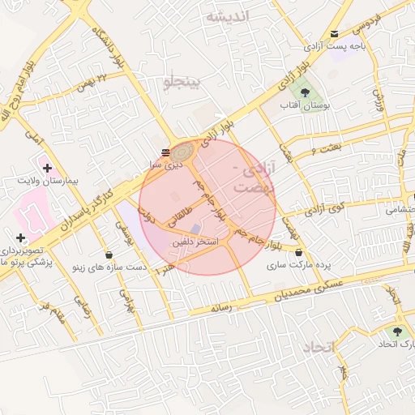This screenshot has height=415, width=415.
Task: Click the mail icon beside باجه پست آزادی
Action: (x=335, y=33)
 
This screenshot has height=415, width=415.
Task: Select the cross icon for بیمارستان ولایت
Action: (x=48, y=167)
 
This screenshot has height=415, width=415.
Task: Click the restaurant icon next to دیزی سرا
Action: (x=166, y=152)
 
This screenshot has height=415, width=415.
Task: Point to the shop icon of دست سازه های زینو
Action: (x=109, y=256)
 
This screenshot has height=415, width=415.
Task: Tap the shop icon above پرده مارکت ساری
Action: (x=299, y=253)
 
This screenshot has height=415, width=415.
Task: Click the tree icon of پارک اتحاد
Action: (x=396, y=332)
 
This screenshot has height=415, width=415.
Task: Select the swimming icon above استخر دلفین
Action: (x=195, y=229)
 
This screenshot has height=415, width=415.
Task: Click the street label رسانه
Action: (x=221, y=307)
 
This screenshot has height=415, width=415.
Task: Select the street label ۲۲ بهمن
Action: (x=91, y=81)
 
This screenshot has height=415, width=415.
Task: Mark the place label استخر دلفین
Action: (x=192, y=242)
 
